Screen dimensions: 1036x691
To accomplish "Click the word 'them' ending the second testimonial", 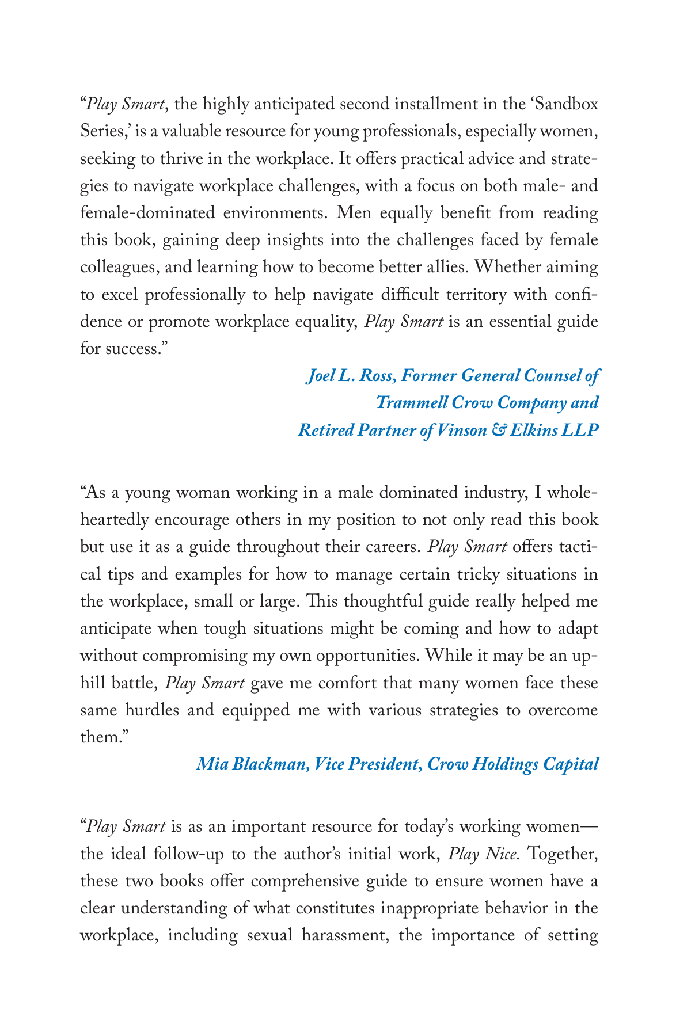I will pyautogui.click(x=100, y=737).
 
